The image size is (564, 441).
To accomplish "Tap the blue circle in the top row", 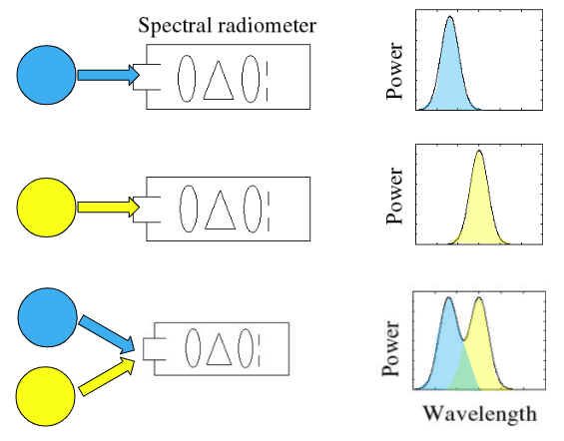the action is pyautogui.click(x=46, y=75).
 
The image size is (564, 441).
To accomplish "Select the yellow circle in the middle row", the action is pyautogui.click(x=46, y=208).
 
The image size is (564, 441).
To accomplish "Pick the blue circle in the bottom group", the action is pyautogui.click(x=48, y=317).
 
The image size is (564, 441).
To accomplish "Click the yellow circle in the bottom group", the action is pyautogui.click(x=45, y=396).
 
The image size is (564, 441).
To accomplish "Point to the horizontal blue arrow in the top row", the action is pyautogui.click(x=109, y=75).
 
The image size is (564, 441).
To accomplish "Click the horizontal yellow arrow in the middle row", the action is pyautogui.click(x=109, y=208).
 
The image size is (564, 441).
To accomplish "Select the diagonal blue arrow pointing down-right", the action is pyautogui.click(x=107, y=334).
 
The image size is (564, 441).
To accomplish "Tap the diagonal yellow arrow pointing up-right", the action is pyautogui.click(x=107, y=377).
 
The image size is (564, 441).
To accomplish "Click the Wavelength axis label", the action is pyautogui.click(x=480, y=414).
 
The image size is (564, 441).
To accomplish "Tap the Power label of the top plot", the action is pyautogui.click(x=394, y=71).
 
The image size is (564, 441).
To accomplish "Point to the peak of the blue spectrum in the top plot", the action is pyautogui.click(x=450, y=16).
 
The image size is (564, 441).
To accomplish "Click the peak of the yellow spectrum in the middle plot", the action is pyautogui.click(x=479, y=151).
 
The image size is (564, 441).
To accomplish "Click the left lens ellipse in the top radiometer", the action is pyautogui.click(x=187, y=79).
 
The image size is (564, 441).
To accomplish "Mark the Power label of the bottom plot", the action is pyautogui.click(x=391, y=348).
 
